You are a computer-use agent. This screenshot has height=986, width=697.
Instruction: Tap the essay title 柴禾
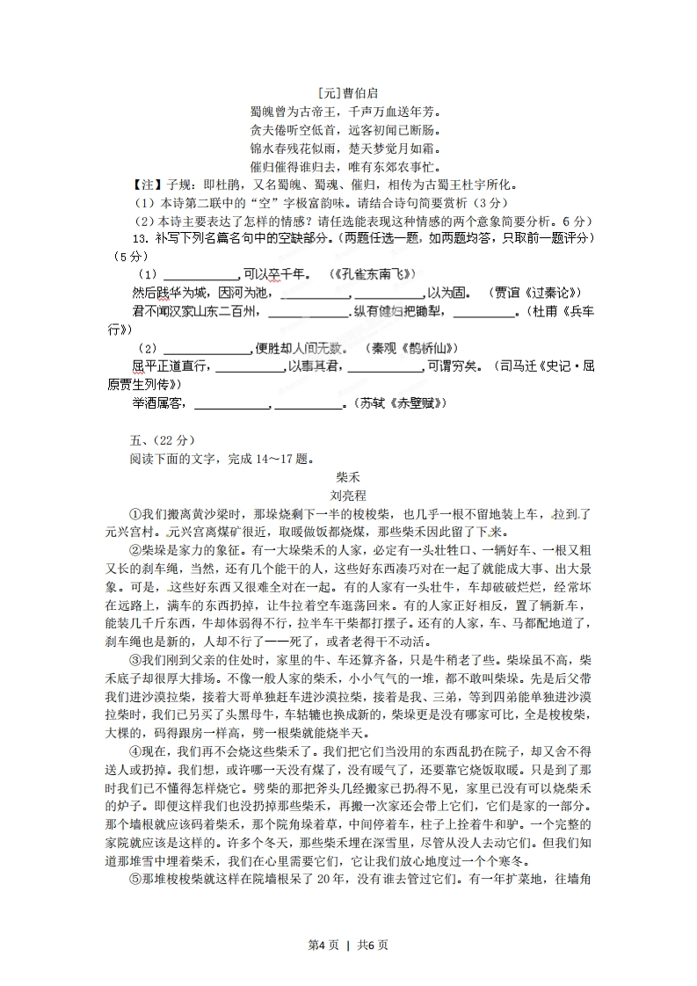(349, 477)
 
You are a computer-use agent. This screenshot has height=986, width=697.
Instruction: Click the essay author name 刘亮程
(349, 496)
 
